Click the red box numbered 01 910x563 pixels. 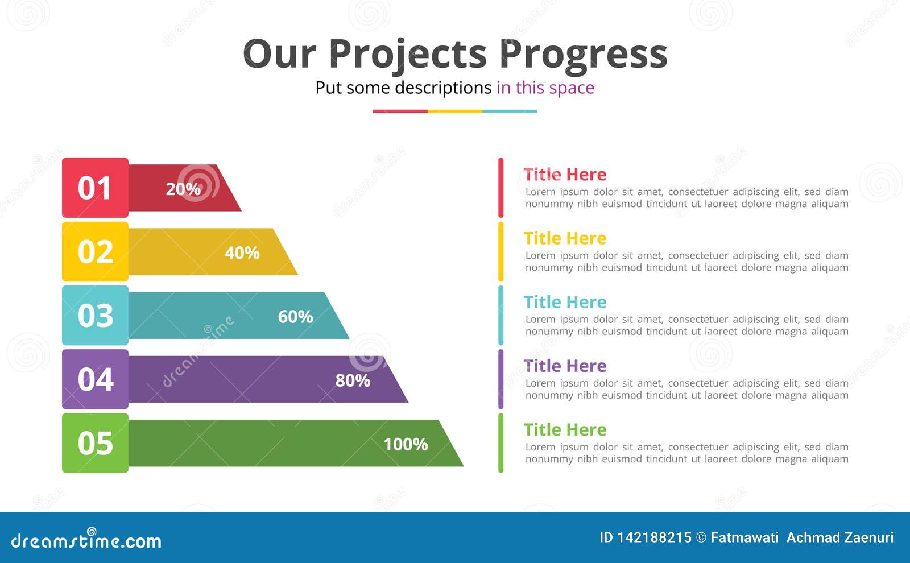point(95,188)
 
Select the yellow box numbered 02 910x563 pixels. point(95,251)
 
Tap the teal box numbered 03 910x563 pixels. point(95,315)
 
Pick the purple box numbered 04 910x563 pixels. point(95,379)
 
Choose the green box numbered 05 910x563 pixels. point(95,443)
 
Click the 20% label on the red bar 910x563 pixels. point(183,189)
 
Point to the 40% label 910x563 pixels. point(242,252)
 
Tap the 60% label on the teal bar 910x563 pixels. point(295,316)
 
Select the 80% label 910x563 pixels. point(353,380)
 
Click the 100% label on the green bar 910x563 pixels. point(406,444)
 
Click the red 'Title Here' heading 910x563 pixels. point(565,174)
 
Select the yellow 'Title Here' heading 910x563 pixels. point(565,238)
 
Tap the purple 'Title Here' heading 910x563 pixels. point(565,366)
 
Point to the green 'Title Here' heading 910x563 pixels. point(565,429)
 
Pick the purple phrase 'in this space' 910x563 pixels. point(545,88)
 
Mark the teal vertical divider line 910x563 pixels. point(501,315)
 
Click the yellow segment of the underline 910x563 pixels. point(454,111)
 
